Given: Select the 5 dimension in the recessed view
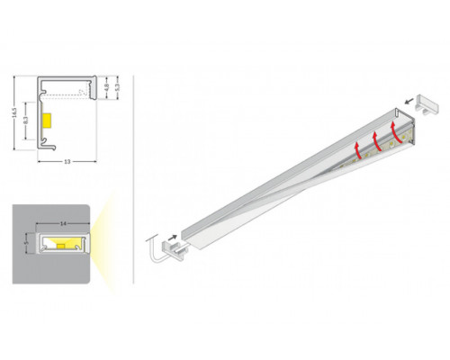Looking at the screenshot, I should pyautogui.click(x=26, y=243).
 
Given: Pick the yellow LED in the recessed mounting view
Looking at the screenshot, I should pyautogui.click(x=62, y=243).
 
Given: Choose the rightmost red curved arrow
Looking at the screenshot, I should pyautogui.click(x=394, y=130).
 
